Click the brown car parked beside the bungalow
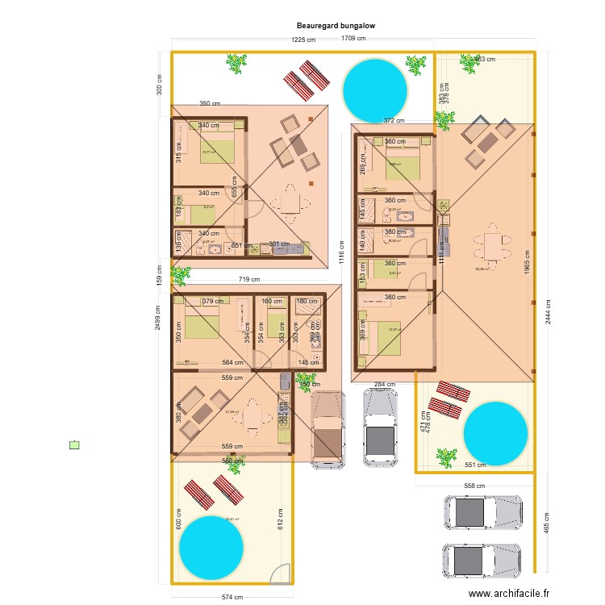(328, 428)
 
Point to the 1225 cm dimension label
(303, 40)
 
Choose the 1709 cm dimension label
(353, 38)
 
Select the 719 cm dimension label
(248, 280)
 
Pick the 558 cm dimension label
(475, 486)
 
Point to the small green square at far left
(75, 444)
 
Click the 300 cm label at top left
(159, 84)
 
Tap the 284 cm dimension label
(384, 385)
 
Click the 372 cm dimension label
(394, 120)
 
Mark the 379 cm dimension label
(213, 302)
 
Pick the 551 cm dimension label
(475, 465)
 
